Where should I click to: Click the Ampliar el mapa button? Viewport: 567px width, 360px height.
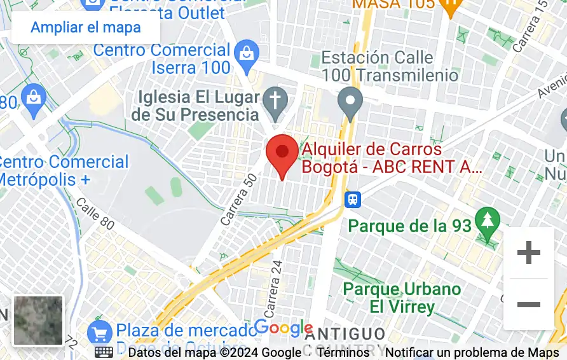(86, 27)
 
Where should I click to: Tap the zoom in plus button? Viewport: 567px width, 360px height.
(528, 253)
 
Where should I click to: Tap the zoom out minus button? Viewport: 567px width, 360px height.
(528, 305)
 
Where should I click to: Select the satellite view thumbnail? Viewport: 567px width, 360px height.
(39, 321)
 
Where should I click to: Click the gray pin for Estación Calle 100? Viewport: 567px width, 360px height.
(350, 102)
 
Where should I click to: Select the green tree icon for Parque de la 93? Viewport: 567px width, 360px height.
(488, 221)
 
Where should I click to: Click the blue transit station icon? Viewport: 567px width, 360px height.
(352, 200)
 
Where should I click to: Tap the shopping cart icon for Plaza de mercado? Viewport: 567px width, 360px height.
(100, 332)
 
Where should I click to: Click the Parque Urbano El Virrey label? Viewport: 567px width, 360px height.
(402, 298)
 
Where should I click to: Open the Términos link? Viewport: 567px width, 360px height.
(343, 352)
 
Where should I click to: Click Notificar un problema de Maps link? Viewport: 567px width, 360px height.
(472, 352)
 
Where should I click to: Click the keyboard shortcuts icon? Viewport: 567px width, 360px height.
(104, 352)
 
